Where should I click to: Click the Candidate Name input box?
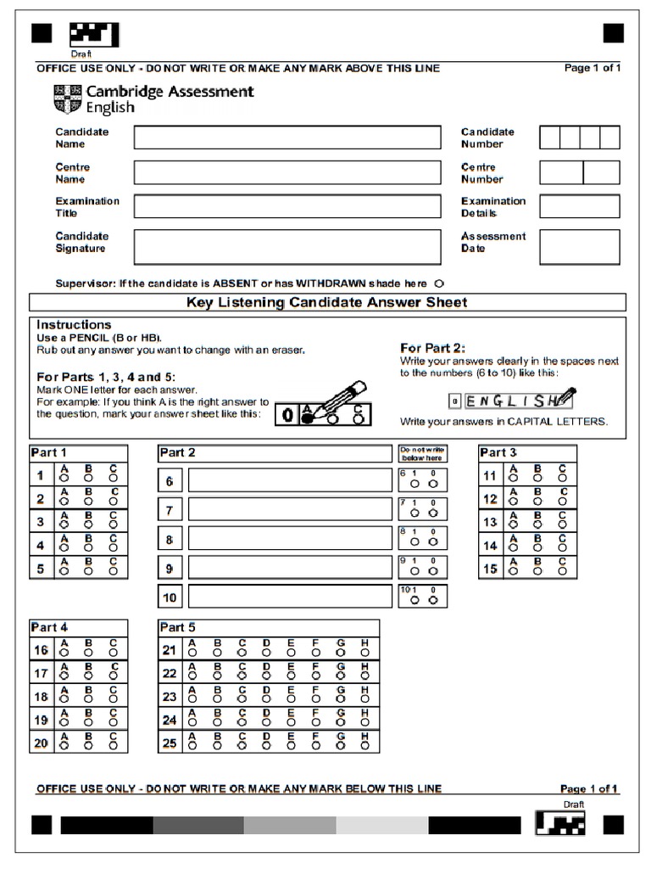coord(287,137)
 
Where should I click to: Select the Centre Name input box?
coord(287,172)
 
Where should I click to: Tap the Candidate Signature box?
coord(287,247)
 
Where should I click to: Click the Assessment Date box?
coord(580,247)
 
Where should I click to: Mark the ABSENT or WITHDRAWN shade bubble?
coord(439,283)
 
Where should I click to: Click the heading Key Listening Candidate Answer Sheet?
coord(327,302)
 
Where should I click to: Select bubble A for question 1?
coord(63,479)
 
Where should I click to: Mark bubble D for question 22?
coord(266,676)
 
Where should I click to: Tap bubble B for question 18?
coord(88,700)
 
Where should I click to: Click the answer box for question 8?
coord(290,538)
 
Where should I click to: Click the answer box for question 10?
coord(290,597)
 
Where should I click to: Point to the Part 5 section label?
coord(177,627)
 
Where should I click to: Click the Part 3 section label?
coord(498,452)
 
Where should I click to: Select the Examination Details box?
coord(580,206)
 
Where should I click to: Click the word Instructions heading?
coord(74,325)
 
